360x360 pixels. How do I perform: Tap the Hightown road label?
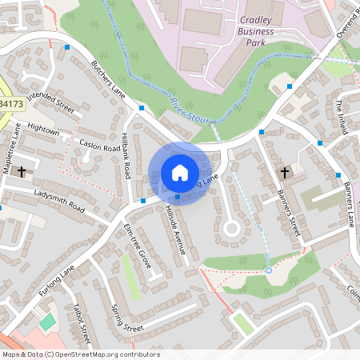pyautogui.click(x=43, y=129)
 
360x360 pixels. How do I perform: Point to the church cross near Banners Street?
pyautogui.click(x=284, y=172)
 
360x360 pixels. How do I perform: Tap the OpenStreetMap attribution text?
pyautogui.click(x=80, y=354)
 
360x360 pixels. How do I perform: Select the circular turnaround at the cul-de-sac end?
pyautogui.click(x=231, y=229)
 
